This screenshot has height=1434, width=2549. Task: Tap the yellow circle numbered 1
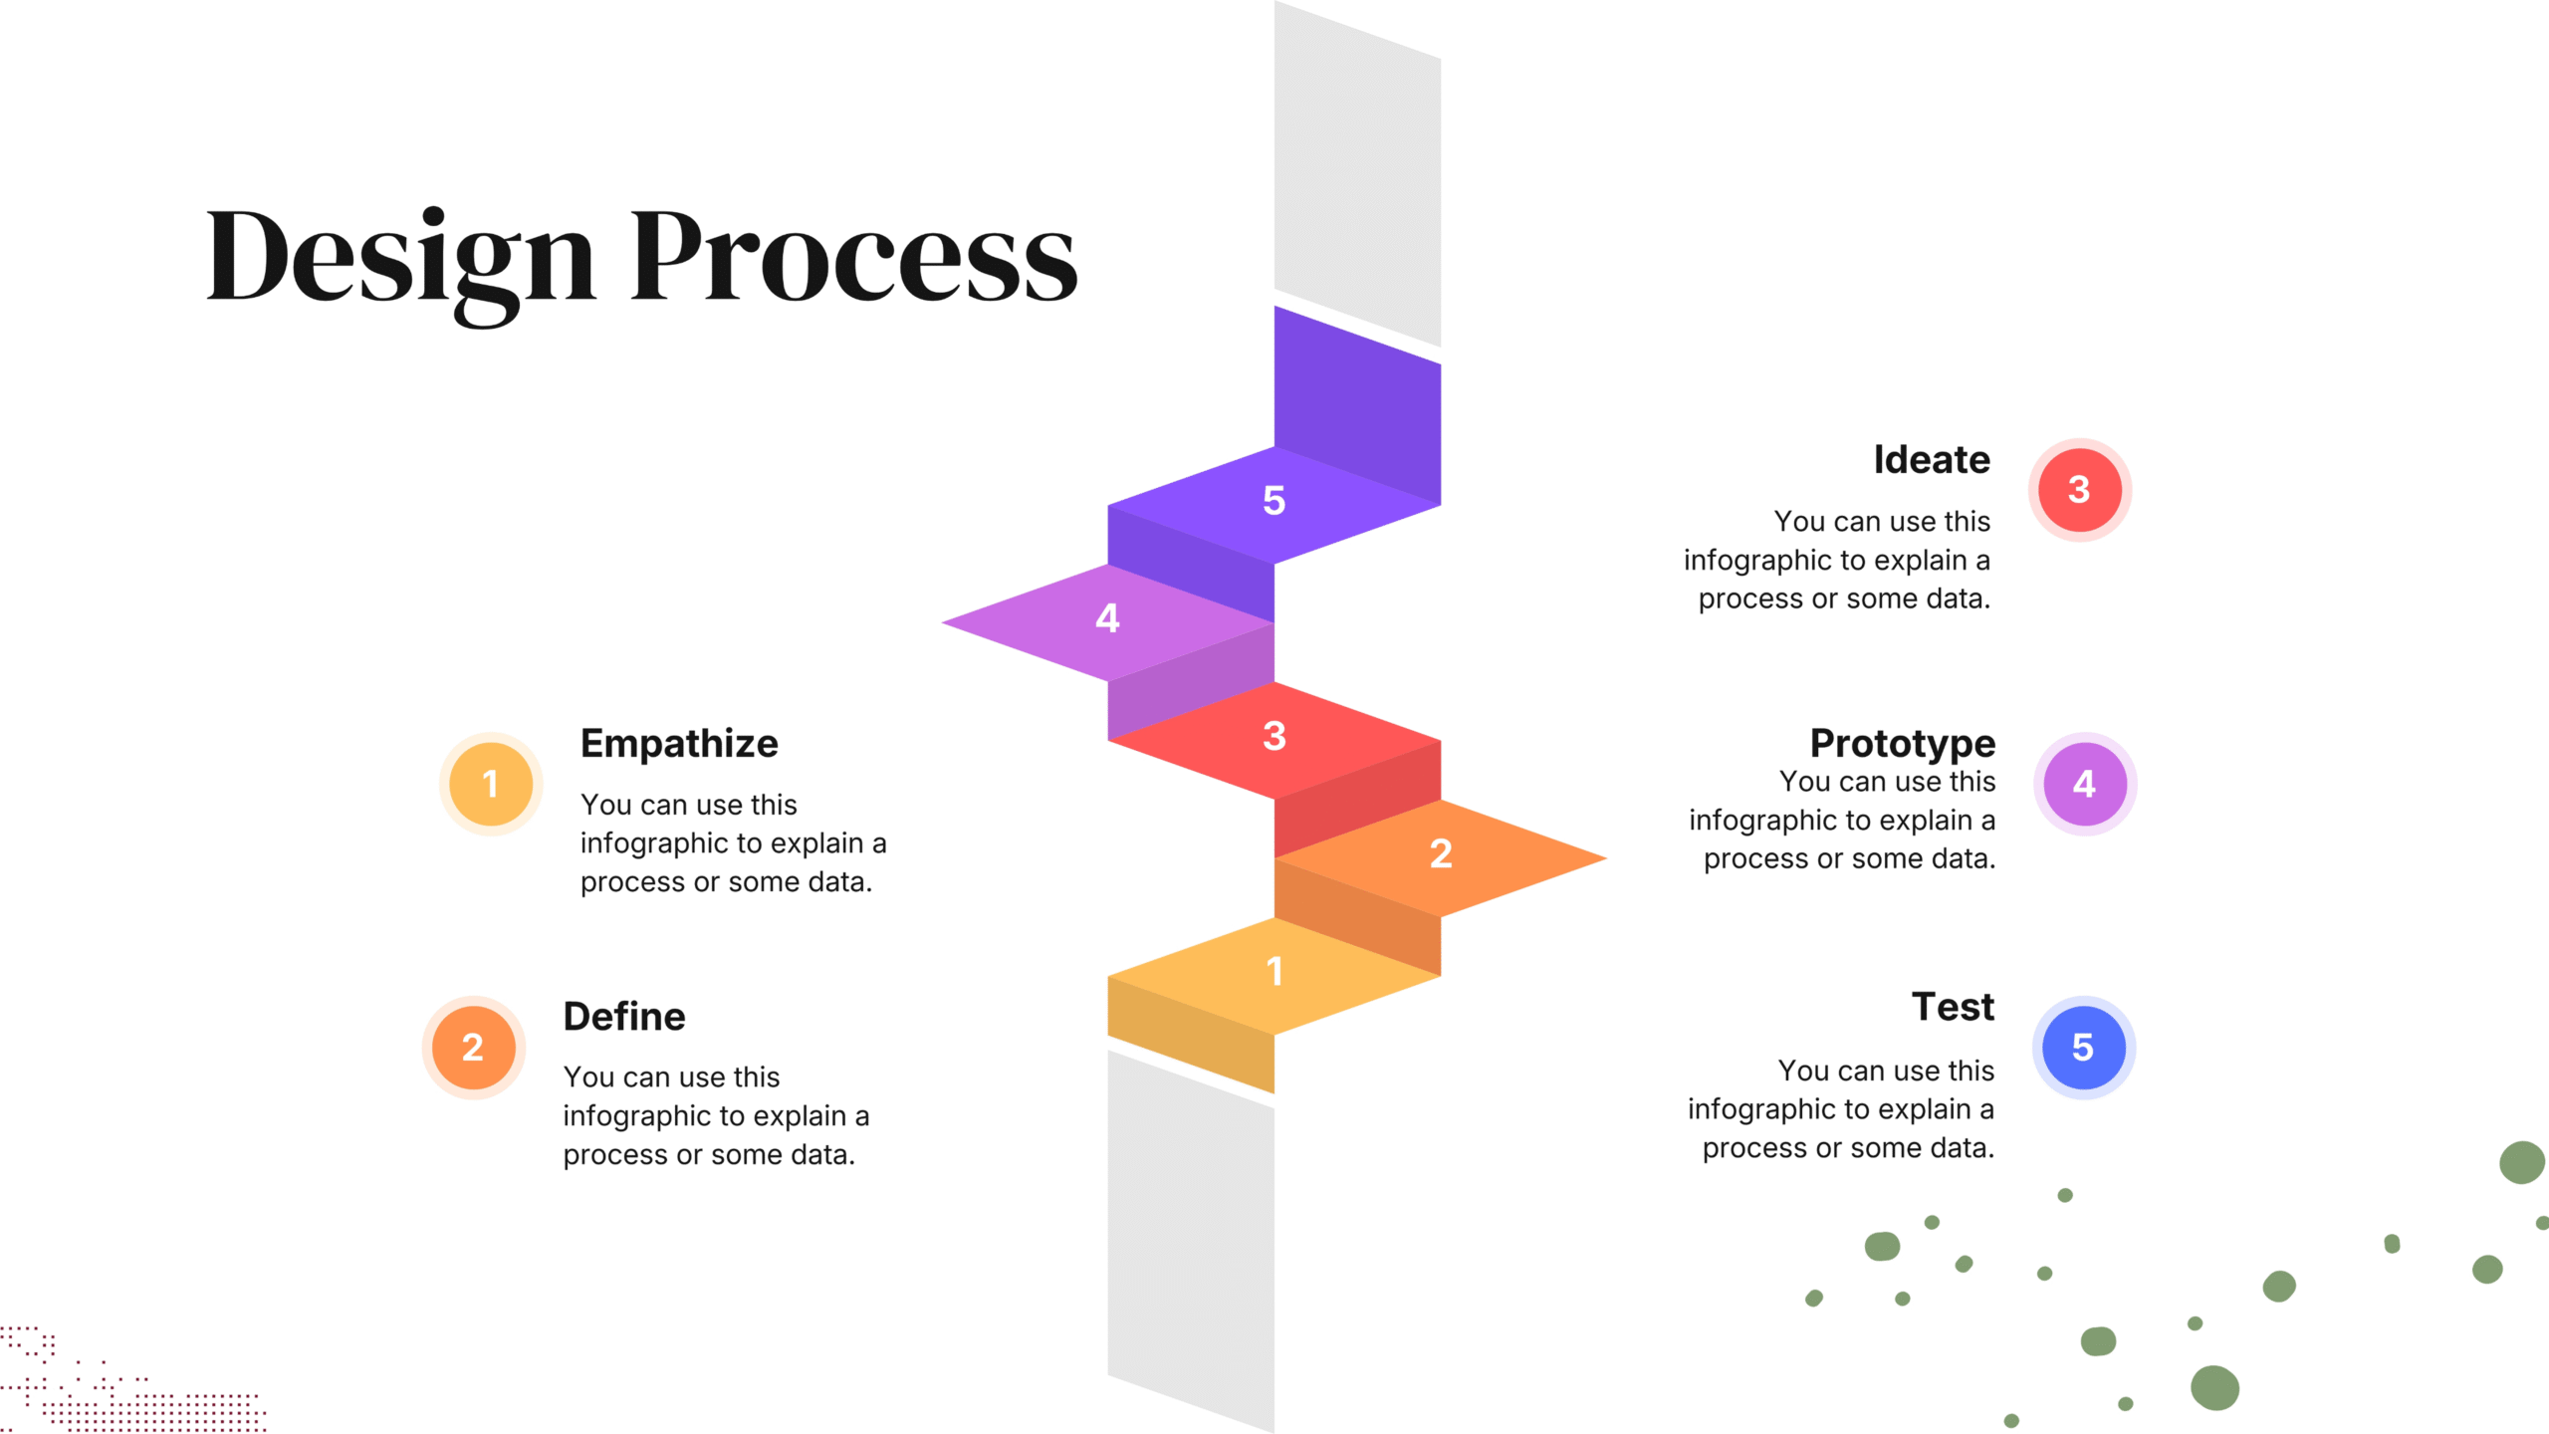tap(491, 784)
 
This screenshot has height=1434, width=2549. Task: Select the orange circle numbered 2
tap(473, 1047)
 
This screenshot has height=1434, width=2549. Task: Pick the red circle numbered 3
tap(2079, 489)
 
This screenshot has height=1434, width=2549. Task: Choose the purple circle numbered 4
tap(2084, 784)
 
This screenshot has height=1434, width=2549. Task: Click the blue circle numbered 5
tap(2083, 1047)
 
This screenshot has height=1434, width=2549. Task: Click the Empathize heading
tap(679, 743)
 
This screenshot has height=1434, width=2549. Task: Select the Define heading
tap(624, 1016)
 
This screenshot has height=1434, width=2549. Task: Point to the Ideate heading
tap(1931, 459)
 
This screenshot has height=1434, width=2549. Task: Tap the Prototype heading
tap(1902, 743)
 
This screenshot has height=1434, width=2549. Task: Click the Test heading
tap(1953, 1006)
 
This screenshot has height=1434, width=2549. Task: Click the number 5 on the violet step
tap(1274, 500)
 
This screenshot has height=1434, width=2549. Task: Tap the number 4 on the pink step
tap(1107, 618)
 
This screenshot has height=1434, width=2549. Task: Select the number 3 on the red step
tap(1274, 736)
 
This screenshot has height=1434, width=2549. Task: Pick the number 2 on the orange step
tap(1440, 853)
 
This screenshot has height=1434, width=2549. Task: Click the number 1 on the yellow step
tap(1274, 971)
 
